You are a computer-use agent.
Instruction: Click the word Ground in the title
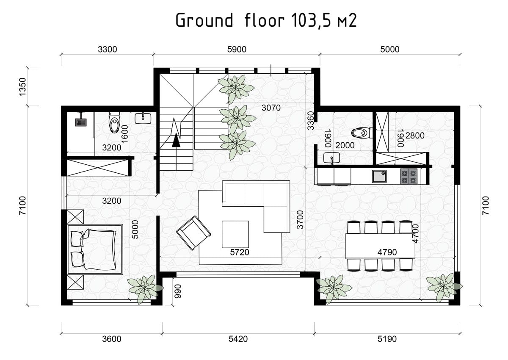[x=204, y=20]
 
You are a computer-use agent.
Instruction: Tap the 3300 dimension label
[x=107, y=49]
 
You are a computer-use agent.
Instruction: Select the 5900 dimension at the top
[x=237, y=49]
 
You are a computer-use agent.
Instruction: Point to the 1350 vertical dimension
[x=23, y=87]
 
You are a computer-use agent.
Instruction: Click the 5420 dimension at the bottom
[x=238, y=339]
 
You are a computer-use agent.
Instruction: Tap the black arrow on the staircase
[x=176, y=141]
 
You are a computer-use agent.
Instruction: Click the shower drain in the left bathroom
[x=81, y=122]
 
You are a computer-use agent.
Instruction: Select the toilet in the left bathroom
[x=114, y=122]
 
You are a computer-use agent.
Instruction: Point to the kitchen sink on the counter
[x=379, y=176]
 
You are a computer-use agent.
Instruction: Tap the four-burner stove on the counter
[x=409, y=176]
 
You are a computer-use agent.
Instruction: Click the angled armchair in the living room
[x=194, y=233]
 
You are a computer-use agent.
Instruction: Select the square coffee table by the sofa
[x=235, y=234]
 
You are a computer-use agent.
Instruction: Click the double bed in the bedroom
[x=95, y=249]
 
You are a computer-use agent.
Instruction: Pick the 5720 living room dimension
[x=240, y=252]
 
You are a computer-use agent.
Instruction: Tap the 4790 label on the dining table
[x=387, y=252]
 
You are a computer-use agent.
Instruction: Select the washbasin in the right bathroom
[x=331, y=158]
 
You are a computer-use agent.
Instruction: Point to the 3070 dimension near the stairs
[x=271, y=108]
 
